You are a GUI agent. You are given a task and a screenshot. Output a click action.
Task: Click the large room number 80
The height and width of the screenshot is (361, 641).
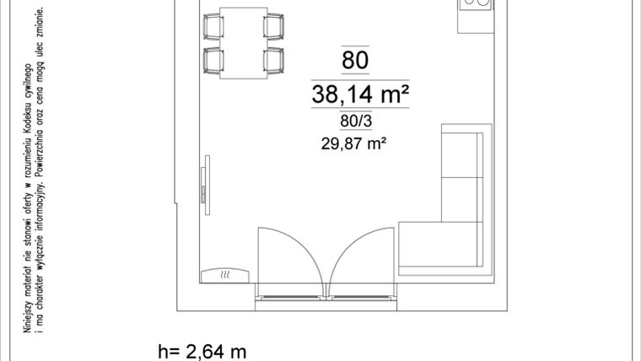coord(355,60)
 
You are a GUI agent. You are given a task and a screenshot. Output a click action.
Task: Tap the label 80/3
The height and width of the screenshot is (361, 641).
coord(355,121)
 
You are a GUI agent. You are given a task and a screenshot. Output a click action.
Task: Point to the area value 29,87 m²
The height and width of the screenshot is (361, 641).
coord(353,143)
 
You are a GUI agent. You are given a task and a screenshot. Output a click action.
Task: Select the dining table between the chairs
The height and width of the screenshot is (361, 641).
coord(243,43)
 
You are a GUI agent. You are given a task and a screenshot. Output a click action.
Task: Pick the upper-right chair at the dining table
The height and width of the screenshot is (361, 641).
coord(272,26)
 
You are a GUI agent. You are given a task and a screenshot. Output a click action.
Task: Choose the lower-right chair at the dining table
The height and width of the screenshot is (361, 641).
coord(272,61)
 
